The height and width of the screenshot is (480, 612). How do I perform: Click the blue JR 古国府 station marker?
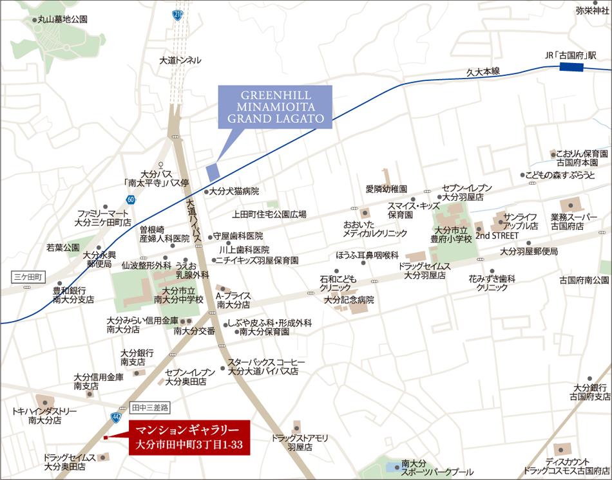(571, 66)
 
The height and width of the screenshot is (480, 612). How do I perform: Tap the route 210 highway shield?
(177, 15)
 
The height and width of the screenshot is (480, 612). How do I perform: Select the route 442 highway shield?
(116, 418)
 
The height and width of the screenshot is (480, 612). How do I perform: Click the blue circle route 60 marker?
(131, 199)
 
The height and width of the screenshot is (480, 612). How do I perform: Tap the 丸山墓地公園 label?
(62, 20)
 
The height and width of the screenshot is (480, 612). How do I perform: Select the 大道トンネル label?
(180, 60)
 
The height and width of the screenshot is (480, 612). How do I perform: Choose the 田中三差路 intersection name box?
(149, 407)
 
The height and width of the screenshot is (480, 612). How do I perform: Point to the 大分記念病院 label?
(349, 300)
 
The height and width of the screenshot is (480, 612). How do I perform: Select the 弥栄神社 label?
(593, 10)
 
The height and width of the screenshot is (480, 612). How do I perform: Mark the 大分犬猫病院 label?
(234, 191)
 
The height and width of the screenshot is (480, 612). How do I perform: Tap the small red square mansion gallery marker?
(105, 438)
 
